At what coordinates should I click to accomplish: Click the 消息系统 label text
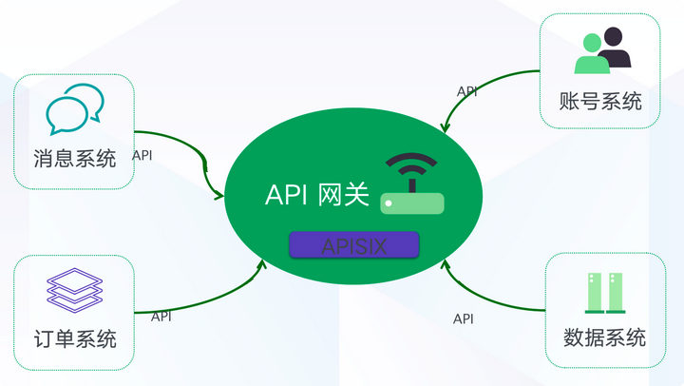click(x=74, y=159)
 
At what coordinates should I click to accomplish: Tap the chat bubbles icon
click(x=74, y=109)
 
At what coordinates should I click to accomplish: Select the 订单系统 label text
click(x=74, y=338)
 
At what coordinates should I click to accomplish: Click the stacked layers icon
click(x=74, y=288)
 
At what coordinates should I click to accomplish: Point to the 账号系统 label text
click(x=600, y=100)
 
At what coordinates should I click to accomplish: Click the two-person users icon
click(x=602, y=50)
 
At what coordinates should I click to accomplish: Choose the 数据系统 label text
click(x=604, y=338)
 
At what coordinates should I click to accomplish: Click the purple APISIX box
click(x=353, y=245)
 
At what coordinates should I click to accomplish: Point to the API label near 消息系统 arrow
click(x=142, y=155)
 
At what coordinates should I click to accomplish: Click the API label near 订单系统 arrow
click(x=161, y=316)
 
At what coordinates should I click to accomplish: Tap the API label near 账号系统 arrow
click(x=467, y=91)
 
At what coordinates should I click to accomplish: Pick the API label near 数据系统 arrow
click(x=463, y=318)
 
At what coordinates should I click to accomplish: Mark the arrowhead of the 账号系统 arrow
click(x=445, y=128)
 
